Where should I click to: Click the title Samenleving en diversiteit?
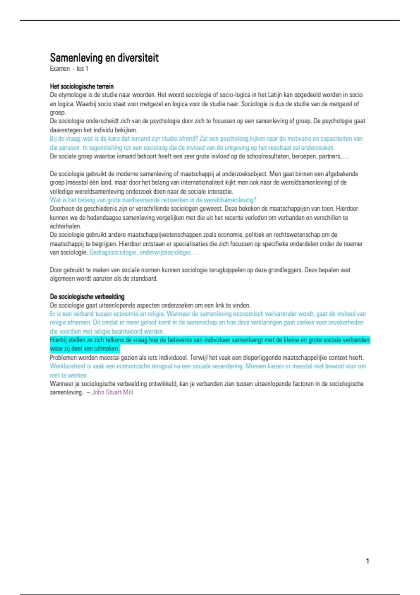point(104,58)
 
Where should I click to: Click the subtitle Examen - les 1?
point(69,69)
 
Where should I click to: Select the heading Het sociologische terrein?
point(82,86)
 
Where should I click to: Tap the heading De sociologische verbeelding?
point(87,296)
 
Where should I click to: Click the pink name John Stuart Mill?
point(112,392)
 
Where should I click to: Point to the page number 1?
point(367,561)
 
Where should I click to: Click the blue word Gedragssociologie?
point(113,252)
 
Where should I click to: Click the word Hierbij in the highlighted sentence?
point(58,340)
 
